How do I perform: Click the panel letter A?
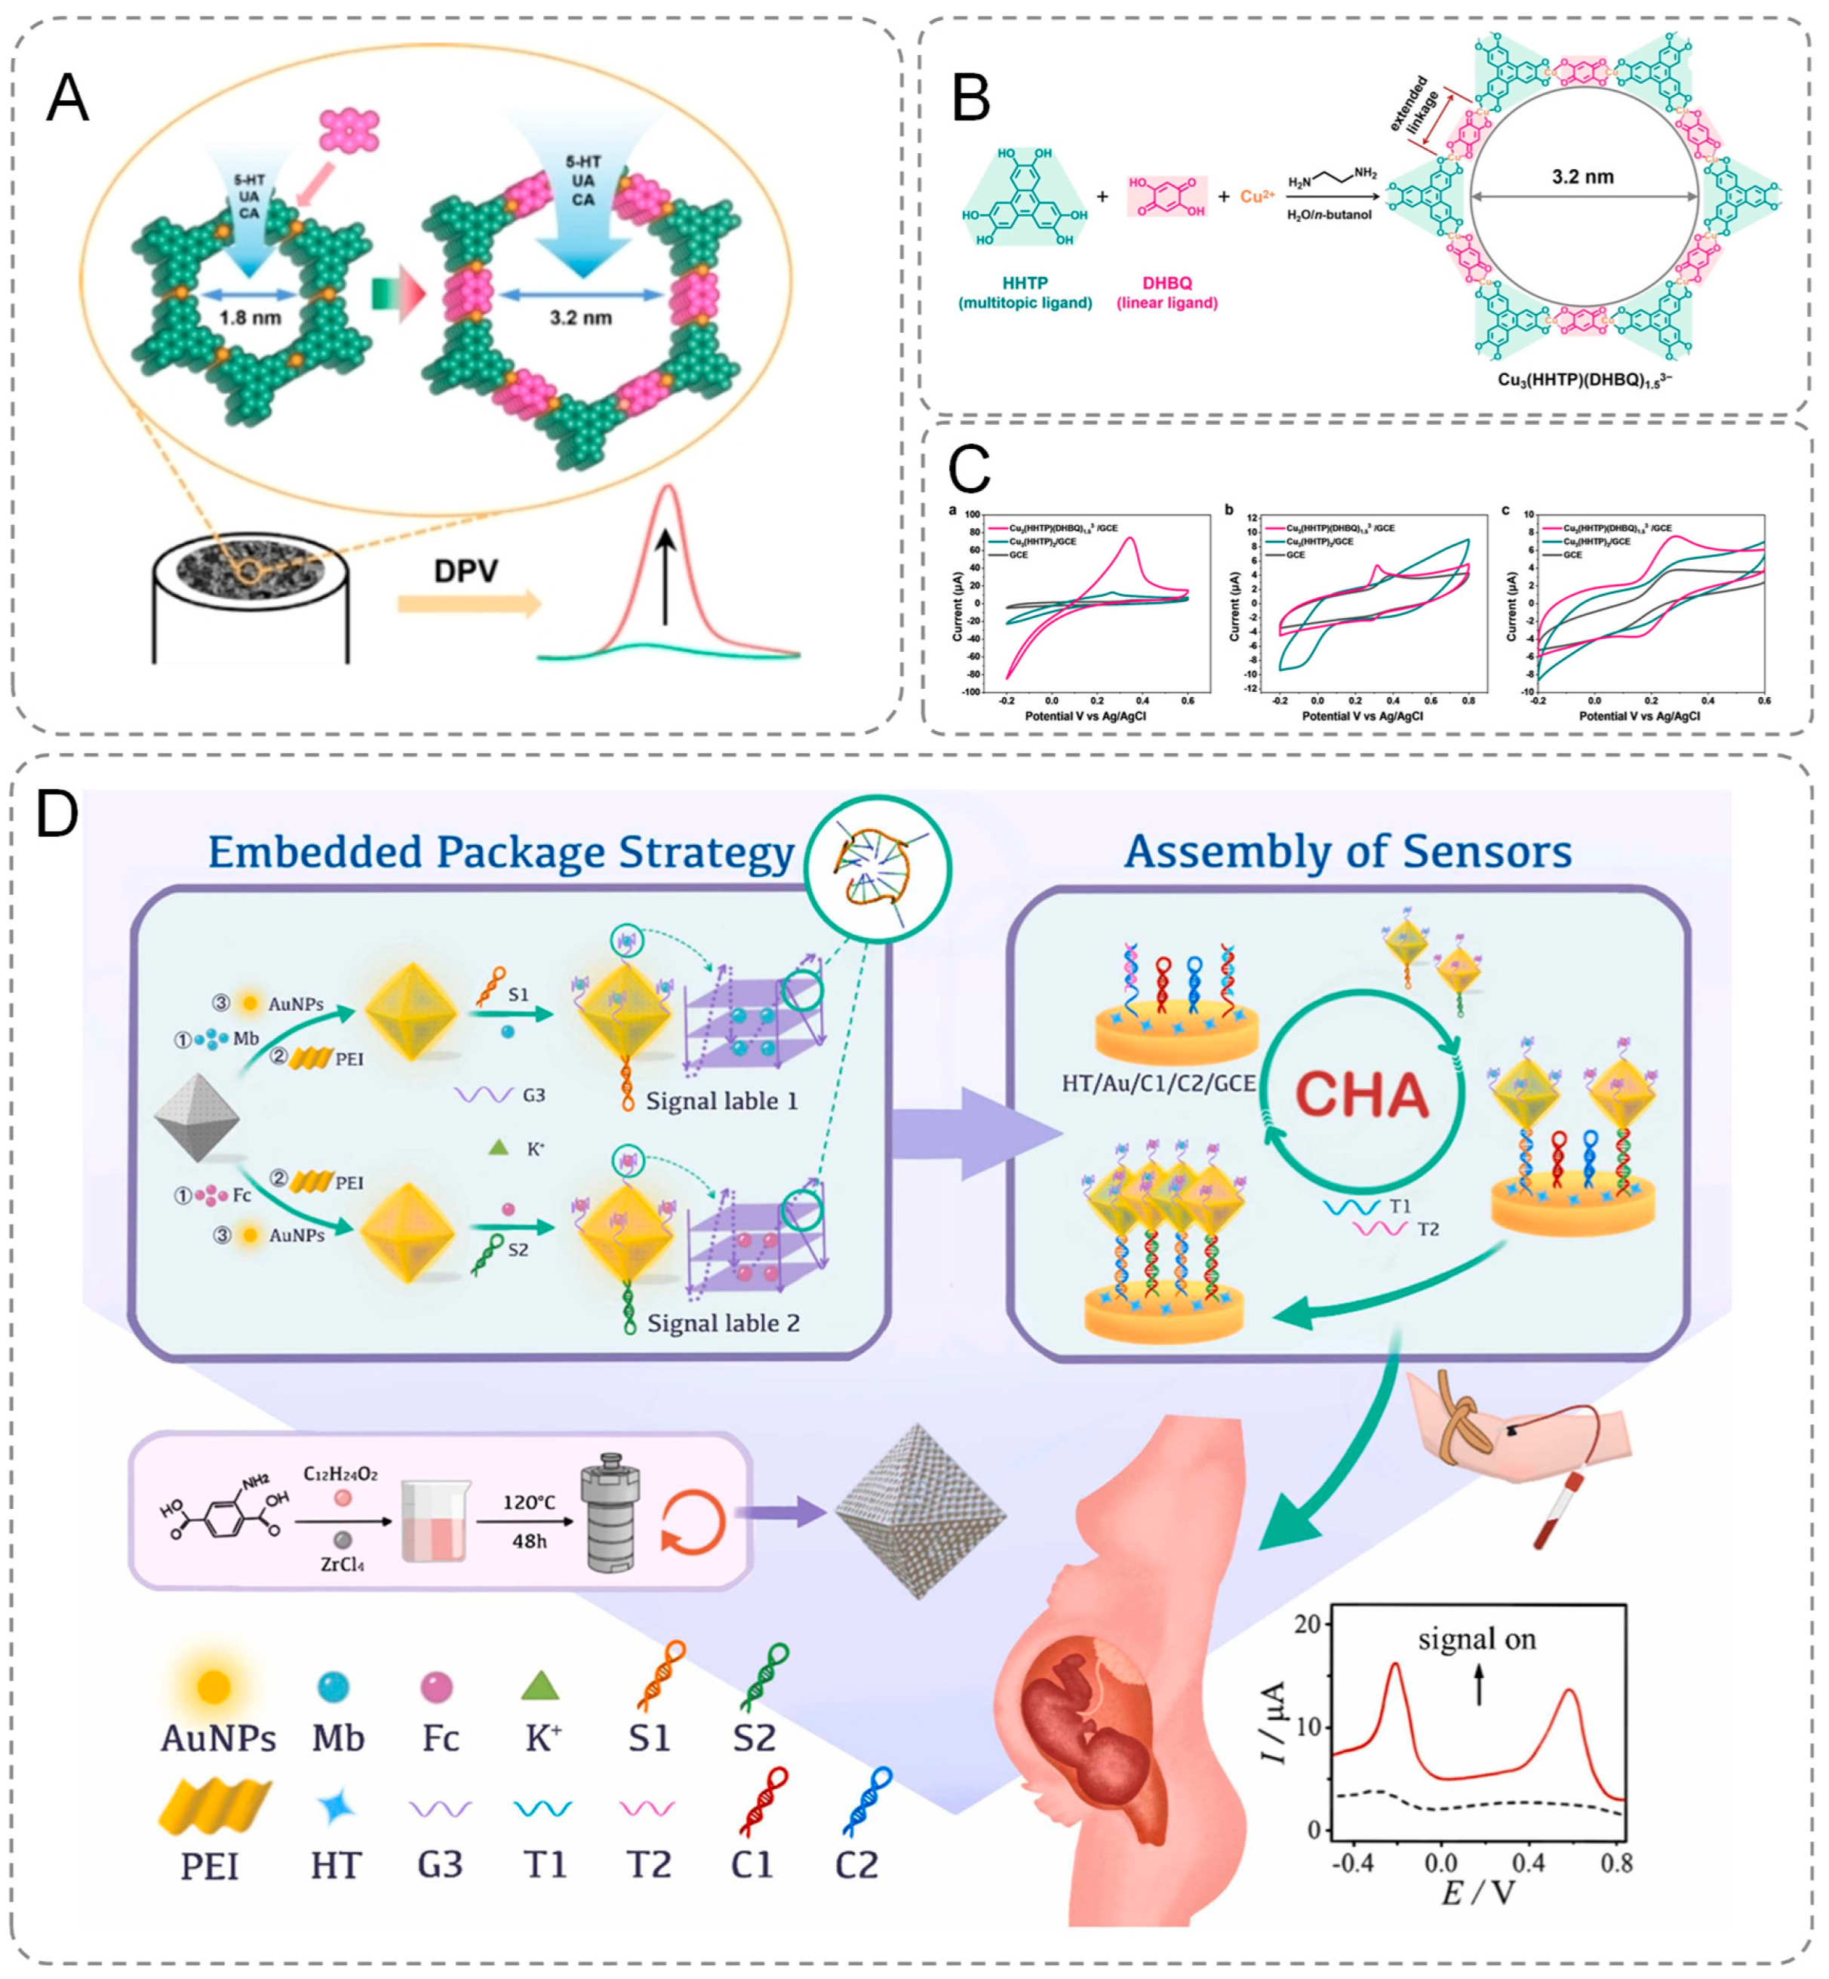click(67, 99)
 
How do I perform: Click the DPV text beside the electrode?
click(465, 571)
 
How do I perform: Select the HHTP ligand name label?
click(1025, 283)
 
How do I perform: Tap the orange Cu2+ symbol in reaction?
click(1257, 197)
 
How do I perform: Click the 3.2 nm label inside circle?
click(1582, 177)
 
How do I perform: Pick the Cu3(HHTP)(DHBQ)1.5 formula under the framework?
click(1584, 379)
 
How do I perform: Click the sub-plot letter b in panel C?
click(1229, 511)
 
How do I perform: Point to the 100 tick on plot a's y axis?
click(971, 515)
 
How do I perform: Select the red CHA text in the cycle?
click(1362, 1096)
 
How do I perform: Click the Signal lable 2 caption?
click(723, 1323)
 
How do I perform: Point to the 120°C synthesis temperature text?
click(528, 1503)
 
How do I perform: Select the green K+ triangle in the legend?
click(540, 1686)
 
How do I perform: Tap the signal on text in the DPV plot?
click(1477, 1640)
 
